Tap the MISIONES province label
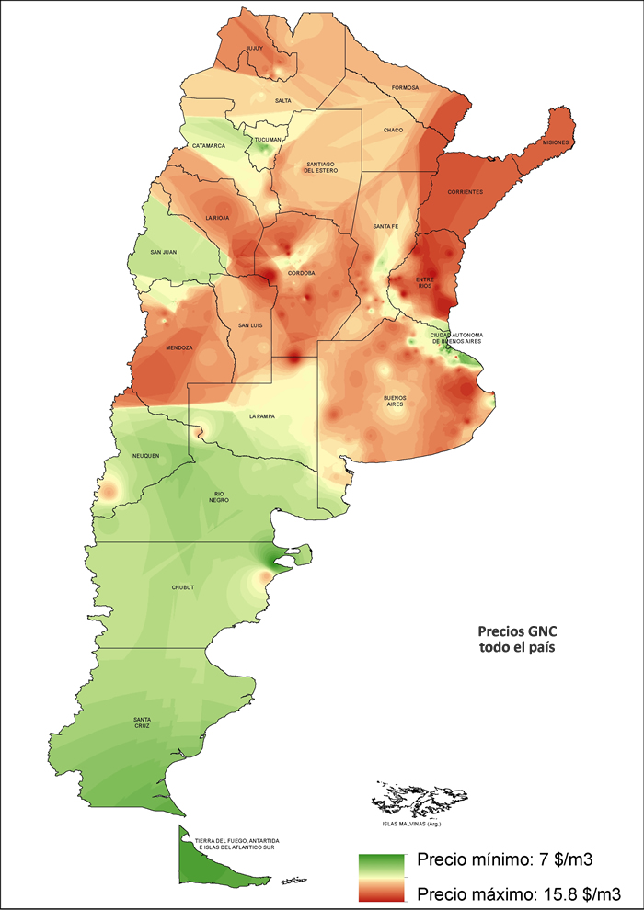pyautogui.click(x=556, y=143)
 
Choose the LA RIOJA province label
pyautogui.click(x=217, y=218)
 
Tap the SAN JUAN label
pyautogui.click(x=165, y=252)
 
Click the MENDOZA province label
pyautogui.click(x=178, y=348)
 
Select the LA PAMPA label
pyautogui.click(x=262, y=415)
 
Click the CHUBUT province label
pyautogui.click(x=184, y=586)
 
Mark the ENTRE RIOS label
pyautogui.click(x=424, y=282)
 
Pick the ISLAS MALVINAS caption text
pyautogui.click(x=409, y=824)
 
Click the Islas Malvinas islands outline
pyautogui.click(x=411, y=798)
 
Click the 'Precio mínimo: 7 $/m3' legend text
pyautogui.click(x=504, y=861)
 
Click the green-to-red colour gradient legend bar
pyautogui.click(x=380, y=877)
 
